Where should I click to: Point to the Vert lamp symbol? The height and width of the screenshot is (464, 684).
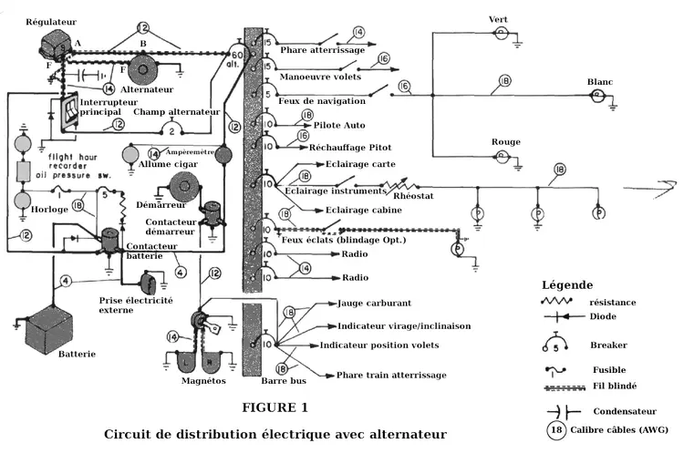click(500, 33)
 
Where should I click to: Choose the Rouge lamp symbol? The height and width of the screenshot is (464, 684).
click(501, 156)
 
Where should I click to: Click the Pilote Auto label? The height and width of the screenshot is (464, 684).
click(339, 125)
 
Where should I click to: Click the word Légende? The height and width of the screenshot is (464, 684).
click(567, 284)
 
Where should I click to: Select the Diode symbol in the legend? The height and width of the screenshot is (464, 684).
click(559, 316)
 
